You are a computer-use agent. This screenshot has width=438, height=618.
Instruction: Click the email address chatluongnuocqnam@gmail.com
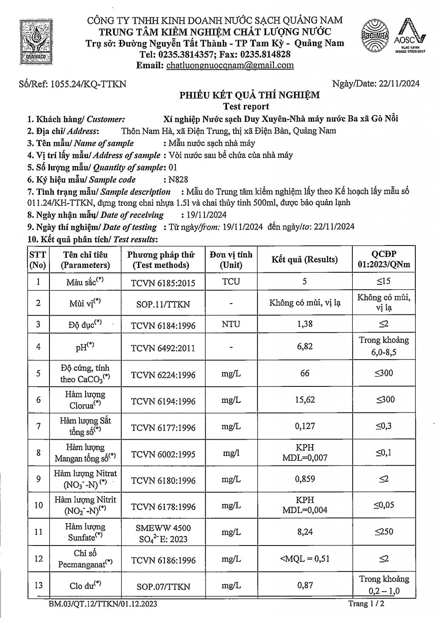point(230,65)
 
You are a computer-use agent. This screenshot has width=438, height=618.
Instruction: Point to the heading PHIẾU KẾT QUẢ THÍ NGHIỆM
point(249,95)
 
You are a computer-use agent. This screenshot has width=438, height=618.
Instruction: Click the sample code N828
point(178,180)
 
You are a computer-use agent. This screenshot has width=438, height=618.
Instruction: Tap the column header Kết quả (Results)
point(304,260)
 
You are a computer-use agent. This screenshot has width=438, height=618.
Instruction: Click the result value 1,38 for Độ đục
point(304,324)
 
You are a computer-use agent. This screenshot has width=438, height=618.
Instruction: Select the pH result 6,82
point(304,346)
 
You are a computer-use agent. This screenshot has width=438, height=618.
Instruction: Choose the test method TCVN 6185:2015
point(163,283)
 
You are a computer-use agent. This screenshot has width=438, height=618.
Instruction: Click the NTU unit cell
point(231,324)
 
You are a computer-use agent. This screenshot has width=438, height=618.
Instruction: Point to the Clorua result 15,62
point(304,400)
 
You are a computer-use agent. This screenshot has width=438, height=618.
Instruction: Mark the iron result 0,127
point(304,426)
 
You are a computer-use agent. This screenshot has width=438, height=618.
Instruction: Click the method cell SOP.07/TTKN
point(163,586)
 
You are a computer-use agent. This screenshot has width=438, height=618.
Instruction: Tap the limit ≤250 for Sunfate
point(384,532)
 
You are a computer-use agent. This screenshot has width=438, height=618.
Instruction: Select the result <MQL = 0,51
point(304,559)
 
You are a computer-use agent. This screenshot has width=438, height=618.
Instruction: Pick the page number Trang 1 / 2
point(366,604)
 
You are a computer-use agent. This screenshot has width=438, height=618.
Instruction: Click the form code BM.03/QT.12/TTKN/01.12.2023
point(103,604)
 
